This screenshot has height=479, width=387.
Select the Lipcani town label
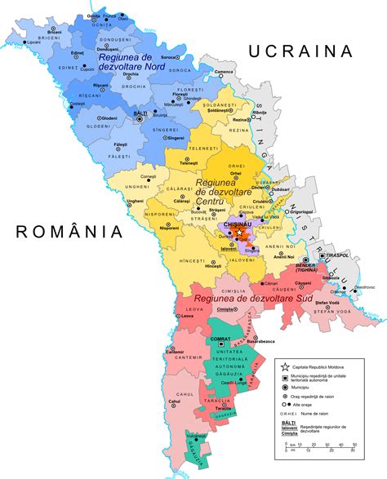33,42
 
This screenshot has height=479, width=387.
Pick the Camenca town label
225,72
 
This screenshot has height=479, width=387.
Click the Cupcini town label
87,69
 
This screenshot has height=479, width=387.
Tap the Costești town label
77,104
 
